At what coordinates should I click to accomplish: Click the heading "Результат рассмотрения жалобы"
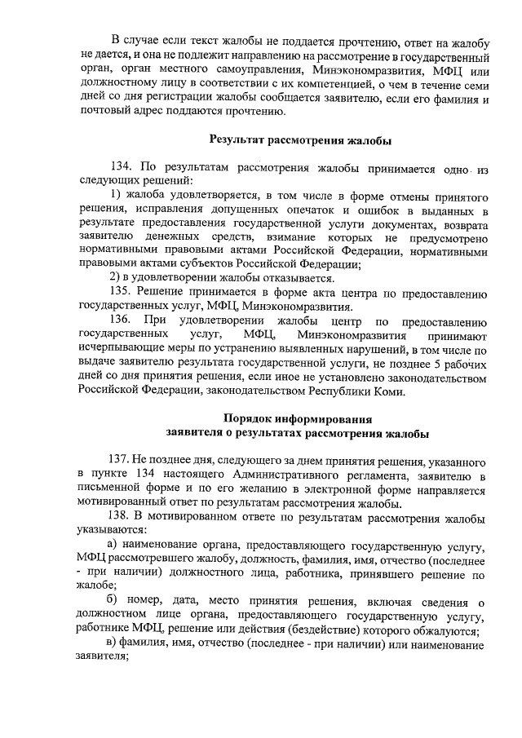point(300,140)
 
